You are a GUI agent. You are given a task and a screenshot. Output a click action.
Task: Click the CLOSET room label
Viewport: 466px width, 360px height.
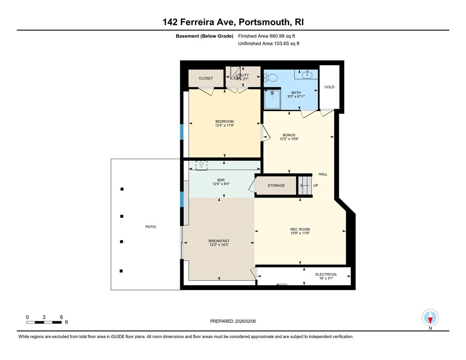click(x=206, y=78)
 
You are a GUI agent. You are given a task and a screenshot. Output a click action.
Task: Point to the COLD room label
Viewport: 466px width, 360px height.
click(x=329, y=87)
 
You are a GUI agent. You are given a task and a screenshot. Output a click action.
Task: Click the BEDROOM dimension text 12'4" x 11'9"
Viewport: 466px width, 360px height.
click(x=224, y=125)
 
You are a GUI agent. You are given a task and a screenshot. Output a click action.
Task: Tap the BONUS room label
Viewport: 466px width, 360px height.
click(x=289, y=135)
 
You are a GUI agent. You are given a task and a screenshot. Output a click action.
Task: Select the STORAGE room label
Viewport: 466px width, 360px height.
click(x=276, y=186)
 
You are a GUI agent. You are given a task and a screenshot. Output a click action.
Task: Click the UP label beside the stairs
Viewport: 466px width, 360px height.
click(x=316, y=186)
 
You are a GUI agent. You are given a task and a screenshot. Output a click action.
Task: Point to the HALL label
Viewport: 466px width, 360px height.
click(x=323, y=174)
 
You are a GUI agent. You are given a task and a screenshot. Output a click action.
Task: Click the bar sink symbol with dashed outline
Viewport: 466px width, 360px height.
click(x=202, y=165)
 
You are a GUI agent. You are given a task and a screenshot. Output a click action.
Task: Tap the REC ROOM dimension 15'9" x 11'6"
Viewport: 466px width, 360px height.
click(x=300, y=233)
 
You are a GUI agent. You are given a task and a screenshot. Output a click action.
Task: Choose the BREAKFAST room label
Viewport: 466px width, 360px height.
click(x=219, y=241)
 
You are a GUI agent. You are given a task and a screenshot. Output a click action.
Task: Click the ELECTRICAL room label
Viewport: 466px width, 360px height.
click(x=326, y=274)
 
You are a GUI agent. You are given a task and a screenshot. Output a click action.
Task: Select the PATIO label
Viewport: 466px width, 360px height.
click(x=150, y=227)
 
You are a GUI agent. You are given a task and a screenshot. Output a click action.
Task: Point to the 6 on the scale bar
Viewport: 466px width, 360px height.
click(x=61, y=317)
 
